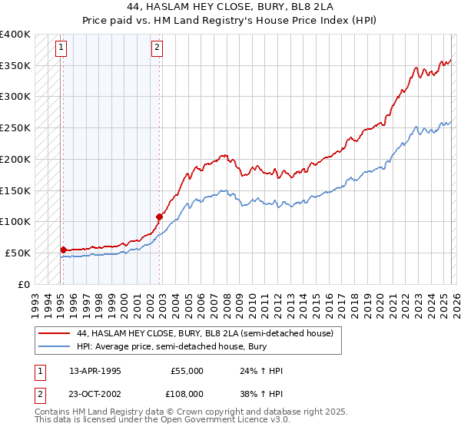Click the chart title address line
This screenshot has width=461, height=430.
click(x=230, y=7)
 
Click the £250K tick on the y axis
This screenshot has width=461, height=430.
click(x=15, y=128)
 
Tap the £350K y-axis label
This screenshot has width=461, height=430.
click(x=15, y=66)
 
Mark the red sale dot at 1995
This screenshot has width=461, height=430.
click(x=63, y=249)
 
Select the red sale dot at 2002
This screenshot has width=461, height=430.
click(x=159, y=217)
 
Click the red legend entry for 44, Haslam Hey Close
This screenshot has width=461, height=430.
click(x=204, y=334)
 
